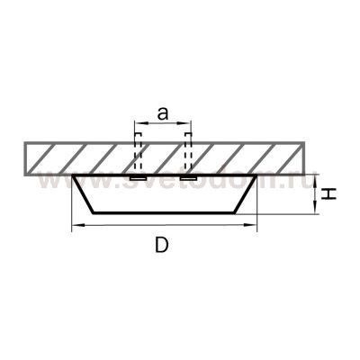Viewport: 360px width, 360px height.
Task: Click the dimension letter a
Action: [x=163, y=114]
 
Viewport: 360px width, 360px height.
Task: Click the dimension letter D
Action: [x=162, y=245]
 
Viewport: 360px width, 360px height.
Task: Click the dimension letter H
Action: [x=328, y=193]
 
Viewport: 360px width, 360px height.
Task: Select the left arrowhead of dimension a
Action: [x=139, y=122]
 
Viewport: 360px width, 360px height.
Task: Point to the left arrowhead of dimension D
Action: [x=77, y=224]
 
